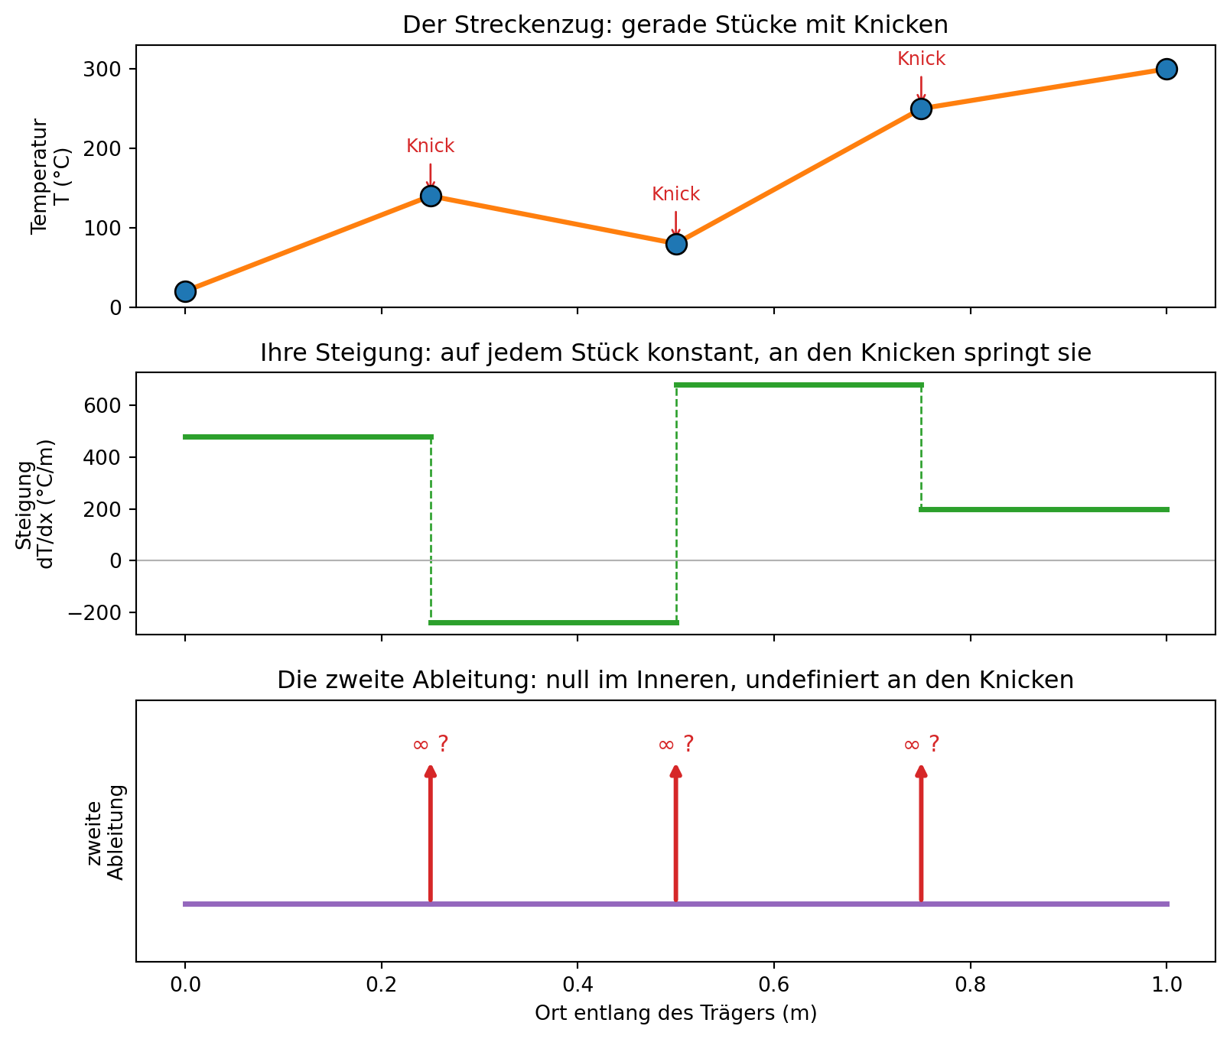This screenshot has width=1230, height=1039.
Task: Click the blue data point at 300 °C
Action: tap(1166, 69)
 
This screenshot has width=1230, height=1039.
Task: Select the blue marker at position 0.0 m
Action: tap(184, 291)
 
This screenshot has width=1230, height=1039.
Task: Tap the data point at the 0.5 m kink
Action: tap(675, 244)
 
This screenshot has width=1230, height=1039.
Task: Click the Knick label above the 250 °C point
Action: tap(921, 59)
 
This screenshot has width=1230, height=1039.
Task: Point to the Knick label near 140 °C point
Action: tap(430, 146)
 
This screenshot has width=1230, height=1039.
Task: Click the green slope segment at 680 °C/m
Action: tap(799, 385)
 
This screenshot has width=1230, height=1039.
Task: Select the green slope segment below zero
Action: tap(553, 622)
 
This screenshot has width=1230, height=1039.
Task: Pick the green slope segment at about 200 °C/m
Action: tap(1044, 509)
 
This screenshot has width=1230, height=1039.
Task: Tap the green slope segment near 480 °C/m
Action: tap(307, 437)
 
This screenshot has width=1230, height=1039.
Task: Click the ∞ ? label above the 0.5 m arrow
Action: tap(676, 744)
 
